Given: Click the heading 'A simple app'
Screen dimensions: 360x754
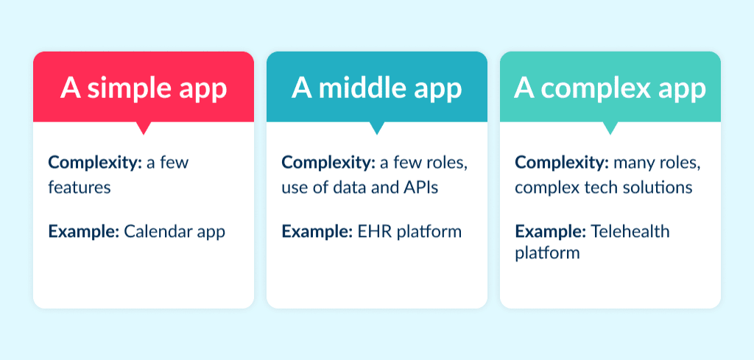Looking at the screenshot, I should point(144,88).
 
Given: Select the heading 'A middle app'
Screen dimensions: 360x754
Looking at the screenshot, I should point(376,88).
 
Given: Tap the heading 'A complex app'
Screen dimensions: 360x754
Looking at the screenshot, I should point(610,88).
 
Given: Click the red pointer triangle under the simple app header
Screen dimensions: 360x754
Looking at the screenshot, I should point(144,128).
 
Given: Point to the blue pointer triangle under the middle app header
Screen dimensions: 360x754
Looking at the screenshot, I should point(377,128).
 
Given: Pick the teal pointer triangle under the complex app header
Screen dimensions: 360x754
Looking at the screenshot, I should point(610,128).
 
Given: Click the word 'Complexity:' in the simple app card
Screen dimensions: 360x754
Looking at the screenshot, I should point(95,163).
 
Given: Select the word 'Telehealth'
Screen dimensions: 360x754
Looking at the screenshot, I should point(630,232).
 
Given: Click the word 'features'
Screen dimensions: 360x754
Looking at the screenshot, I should point(80,188).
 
